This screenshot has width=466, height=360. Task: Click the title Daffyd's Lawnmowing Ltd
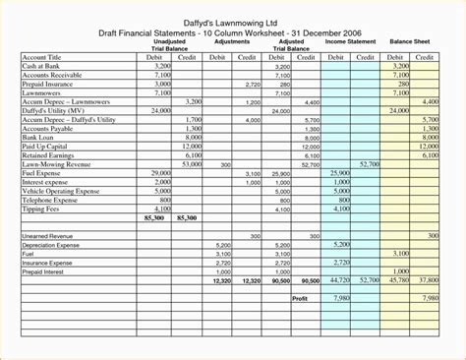pyautogui.click(x=232, y=21)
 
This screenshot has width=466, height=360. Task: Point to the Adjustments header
pyautogui.click(x=232, y=43)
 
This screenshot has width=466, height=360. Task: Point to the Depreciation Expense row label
pyautogui.click(x=53, y=245)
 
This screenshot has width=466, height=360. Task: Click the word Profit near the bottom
pyautogui.click(x=301, y=298)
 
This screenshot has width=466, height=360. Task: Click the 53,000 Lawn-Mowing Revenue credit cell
pyautogui.click(x=191, y=164)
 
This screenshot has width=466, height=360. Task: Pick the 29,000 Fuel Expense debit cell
pyautogui.click(x=160, y=172)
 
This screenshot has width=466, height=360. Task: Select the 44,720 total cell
pyautogui.click(x=339, y=280)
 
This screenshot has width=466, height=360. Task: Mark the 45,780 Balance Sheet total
pyautogui.click(x=398, y=280)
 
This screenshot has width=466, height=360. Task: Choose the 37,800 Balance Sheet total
pyautogui.click(x=429, y=280)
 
